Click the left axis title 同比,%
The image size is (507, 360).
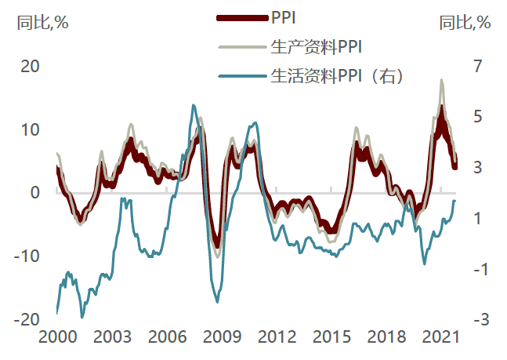point(43,22)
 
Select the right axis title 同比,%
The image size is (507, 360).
point(465,22)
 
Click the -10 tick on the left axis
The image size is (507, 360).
point(27,256)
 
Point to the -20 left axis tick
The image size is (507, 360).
point(27,319)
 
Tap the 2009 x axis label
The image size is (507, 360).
point(221,337)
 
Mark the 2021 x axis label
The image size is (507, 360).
point(440,337)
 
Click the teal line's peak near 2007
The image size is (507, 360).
point(193,105)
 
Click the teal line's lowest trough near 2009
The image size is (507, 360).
point(217,301)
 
